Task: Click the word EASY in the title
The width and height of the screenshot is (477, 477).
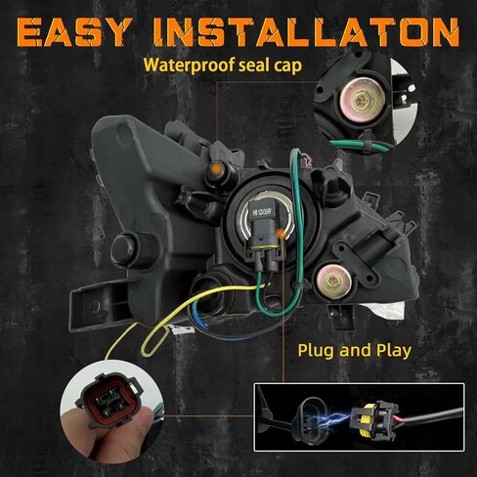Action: coord(75,32)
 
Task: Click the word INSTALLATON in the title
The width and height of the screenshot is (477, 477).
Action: coord(306,32)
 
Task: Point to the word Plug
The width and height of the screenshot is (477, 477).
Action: coord(317,351)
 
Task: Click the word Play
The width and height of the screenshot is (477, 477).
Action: coord(393,351)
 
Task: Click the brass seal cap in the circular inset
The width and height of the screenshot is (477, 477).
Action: coord(363,98)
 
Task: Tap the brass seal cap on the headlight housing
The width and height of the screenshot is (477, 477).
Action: coord(331,282)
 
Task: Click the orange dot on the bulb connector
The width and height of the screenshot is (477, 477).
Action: coord(280,233)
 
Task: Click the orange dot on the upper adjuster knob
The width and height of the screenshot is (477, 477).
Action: coord(216,169)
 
